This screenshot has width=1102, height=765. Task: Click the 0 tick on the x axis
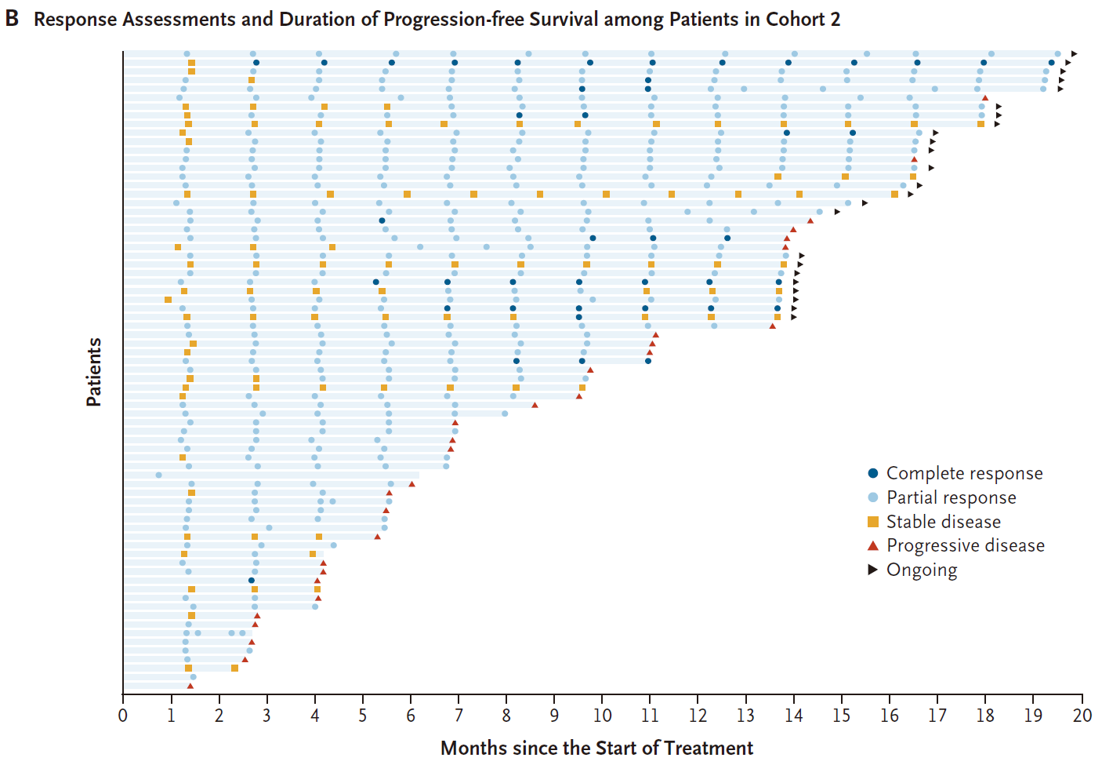[x=123, y=715]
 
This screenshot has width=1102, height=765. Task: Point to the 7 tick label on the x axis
[x=459, y=715]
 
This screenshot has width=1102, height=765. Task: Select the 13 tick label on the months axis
[x=745, y=715]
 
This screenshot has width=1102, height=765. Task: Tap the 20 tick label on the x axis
[x=1082, y=715]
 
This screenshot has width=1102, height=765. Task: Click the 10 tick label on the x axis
[x=602, y=715]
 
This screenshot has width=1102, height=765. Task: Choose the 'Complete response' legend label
[x=964, y=473]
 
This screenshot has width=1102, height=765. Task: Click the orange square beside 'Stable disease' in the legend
[x=873, y=522]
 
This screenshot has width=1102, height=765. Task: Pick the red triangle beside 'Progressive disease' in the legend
[x=873, y=545]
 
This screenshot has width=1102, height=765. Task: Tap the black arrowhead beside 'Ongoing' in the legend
[x=873, y=570]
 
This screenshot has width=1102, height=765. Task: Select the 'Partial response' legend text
[x=951, y=497]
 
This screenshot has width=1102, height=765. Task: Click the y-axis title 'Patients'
[x=94, y=372]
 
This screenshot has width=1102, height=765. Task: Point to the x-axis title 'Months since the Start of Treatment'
[x=596, y=748]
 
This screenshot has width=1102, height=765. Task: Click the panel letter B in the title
[x=12, y=18]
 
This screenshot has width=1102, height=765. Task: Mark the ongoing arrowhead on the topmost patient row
[x=1075, y=54]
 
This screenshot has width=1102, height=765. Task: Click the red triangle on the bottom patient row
[x=190, y=686]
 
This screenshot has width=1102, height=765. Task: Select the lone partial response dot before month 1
[x=159, y=475]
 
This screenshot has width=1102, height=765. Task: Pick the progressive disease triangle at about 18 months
[x=985, y=98]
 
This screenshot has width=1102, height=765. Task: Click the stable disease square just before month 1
[x=169, y=300]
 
